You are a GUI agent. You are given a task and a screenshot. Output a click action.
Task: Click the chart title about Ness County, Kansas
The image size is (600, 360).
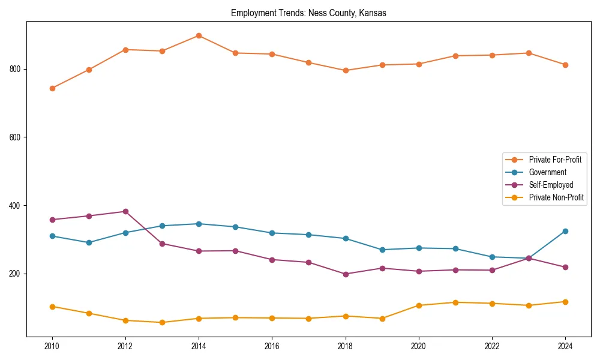coord(308,13)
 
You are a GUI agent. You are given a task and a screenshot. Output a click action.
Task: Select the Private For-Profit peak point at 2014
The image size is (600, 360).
coord(199,35)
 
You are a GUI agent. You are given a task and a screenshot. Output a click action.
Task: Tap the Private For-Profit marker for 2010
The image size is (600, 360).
coord(52,88)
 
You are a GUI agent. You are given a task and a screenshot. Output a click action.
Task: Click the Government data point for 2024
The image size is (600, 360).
coord(565,231)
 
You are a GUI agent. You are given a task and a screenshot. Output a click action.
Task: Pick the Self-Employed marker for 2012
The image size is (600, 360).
coord(125,211)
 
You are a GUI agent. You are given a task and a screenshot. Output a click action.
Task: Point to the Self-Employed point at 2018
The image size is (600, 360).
coord(345,274)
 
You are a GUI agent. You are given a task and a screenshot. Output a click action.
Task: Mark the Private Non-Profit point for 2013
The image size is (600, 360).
coord(162,322)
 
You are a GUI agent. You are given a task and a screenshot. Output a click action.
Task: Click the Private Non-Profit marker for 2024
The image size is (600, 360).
coord(565,302)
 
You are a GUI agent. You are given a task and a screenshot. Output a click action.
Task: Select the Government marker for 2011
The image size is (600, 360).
coord(89,242)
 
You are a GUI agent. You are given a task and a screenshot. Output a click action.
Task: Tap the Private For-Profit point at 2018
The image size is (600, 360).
coord(345,70)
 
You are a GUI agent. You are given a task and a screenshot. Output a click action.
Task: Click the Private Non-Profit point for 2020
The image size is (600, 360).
coord(418,305)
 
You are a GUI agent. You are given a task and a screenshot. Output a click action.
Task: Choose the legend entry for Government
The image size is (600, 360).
coord(547,172)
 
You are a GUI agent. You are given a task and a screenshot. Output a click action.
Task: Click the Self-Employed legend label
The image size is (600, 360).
coord(551,185)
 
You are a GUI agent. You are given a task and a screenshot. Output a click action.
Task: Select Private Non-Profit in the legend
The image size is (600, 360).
coord(556,197)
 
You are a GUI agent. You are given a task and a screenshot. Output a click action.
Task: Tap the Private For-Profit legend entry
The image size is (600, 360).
coord(555,160)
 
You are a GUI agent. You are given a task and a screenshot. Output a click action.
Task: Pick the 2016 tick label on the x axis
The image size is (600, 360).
coord(272,346)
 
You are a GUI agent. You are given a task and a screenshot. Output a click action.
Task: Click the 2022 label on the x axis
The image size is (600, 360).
coord(491,346)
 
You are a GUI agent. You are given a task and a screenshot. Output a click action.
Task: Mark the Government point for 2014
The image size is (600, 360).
coord(199,224)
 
